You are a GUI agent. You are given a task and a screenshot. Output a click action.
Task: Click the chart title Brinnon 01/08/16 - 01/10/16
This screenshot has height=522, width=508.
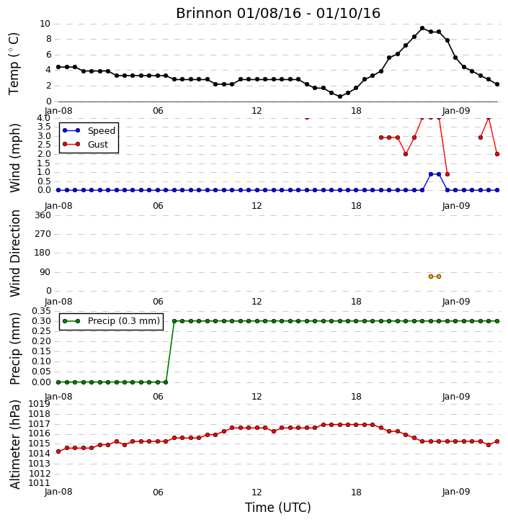pyautogui.click(x=278, y=13)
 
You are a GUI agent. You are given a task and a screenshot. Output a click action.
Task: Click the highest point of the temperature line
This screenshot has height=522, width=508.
pyautogui.click(x=422, y=28)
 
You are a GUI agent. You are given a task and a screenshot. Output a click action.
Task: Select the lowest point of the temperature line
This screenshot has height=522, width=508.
pyautogui.click(x=340, y=96)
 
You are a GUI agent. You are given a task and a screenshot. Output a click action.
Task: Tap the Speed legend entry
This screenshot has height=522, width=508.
pyautogui.click(x=89, y=130)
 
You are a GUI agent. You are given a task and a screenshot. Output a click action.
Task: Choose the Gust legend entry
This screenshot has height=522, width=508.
pyautogui.click(x=86, y=144)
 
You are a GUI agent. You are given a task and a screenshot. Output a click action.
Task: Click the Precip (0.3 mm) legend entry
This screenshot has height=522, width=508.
pyautogui.click(x=111, y=321)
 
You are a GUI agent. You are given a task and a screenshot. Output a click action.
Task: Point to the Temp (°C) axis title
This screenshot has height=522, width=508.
pyautogui.click(x=14, y=63)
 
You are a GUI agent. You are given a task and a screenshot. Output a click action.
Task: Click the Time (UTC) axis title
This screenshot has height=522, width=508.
pyautogui.click(x=278, y=508)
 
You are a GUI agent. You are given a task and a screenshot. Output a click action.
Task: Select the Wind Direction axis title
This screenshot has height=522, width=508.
pyautogui.click(x=14, y=253)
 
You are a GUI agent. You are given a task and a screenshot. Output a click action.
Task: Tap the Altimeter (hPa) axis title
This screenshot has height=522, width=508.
pyautogui.click(x=14, y=444)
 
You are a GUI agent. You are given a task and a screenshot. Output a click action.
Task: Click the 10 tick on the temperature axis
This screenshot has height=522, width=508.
pyautogui.click(x=45, y=24)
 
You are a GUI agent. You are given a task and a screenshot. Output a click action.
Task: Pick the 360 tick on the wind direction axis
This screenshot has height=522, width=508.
pyautogui.click(x=43, y=215)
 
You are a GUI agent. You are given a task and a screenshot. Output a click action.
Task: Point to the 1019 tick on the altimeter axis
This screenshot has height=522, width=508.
pyautogui.click(x=40, y=404)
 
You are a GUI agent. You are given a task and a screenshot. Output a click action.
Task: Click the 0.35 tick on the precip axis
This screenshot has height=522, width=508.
pyautogui.click(x=41, y=311)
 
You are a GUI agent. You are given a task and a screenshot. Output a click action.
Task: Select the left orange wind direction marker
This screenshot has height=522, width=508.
pyautogui.click(x=431, y=276)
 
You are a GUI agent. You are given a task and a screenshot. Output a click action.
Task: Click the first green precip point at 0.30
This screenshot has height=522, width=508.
pyautogui.click(x=174, y=321)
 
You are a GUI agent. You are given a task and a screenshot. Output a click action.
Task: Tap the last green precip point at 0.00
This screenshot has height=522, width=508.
pyautogui.click(x=166, y=382)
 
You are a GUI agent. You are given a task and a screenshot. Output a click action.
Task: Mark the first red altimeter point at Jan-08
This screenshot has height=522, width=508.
pyautogui.click(x=58, y=451)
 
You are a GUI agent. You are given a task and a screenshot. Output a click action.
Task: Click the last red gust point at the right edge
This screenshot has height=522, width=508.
pyautogui.click(x=497, y=154)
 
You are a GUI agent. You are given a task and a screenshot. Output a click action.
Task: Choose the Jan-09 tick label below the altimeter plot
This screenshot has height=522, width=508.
pyautogui.click(x=455, y=492)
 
